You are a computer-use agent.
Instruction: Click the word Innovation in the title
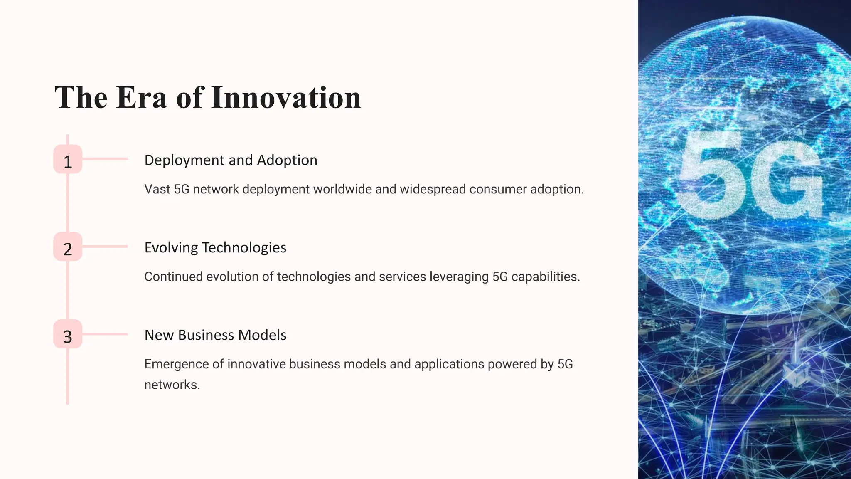(286, 98)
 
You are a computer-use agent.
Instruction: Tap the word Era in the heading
(141, 98)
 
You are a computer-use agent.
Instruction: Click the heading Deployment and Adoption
(231, 160)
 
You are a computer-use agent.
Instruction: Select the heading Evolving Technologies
(215, 247)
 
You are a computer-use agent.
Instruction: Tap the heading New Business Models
(215, 335)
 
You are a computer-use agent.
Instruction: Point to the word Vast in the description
(157, 189)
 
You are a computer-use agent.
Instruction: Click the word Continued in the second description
(173, 277)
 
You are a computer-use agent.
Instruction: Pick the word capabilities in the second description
(545, 277)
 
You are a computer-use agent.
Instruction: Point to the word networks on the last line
(171, 385)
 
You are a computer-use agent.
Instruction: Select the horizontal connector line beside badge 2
(105, 247)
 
